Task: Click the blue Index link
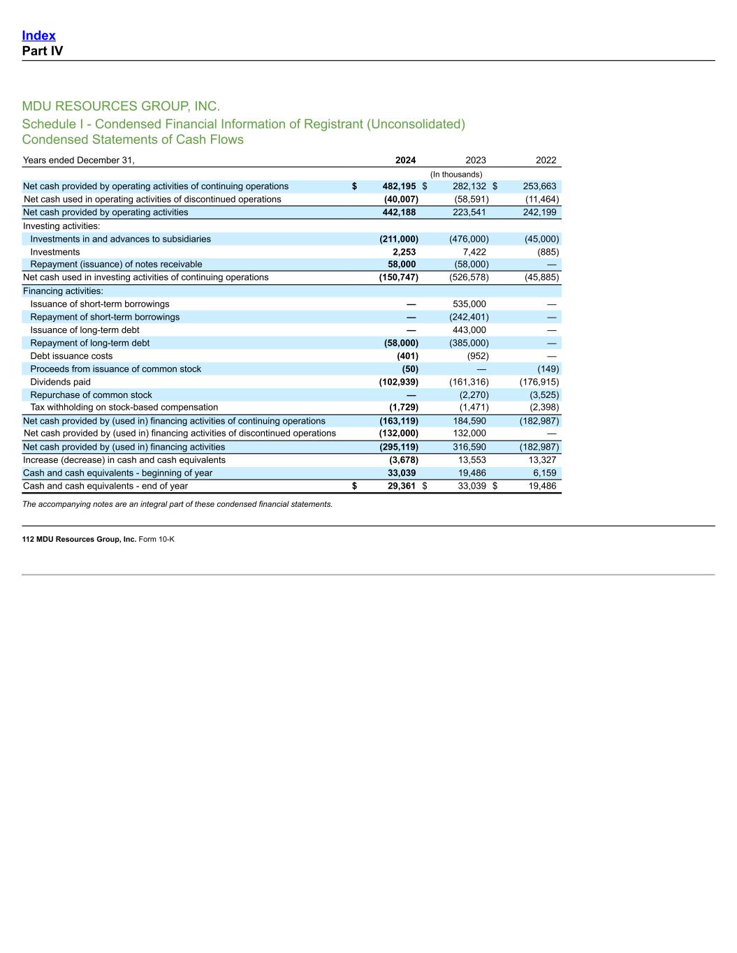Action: coord(38,36)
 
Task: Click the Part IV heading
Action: coord(42,51)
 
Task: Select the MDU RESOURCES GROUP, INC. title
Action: coord(121,106)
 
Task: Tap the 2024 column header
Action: coord(405,161)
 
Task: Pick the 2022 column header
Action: coord(546,161)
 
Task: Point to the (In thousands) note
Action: coord(455,175)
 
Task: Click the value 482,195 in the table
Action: coord(399,186)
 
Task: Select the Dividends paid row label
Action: coord(60,382)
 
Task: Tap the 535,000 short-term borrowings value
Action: coord(469,304)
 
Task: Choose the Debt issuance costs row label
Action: coord(71,356)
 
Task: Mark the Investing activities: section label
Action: coord(61,226)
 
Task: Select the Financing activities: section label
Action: coord(63,291)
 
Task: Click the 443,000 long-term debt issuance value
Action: coord(469,330)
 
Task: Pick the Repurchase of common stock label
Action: coord(91,395)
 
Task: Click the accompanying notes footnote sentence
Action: coord(177,504)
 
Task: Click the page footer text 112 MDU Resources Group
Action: coord(98,539)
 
